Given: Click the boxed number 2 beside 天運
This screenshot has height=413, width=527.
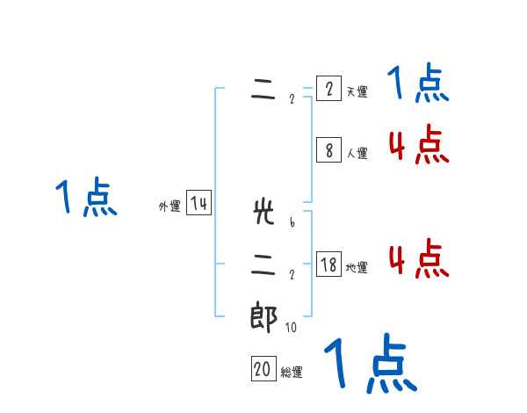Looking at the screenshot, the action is click(x=328, y=90).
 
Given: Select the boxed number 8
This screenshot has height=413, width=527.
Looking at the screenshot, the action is click(x=328, y=150).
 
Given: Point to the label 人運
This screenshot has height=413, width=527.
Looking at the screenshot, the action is click(x=357, y=153).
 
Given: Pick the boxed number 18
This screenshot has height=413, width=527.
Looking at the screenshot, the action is click(x=328, y=265).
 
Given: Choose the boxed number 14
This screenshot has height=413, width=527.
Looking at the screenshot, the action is click(x=199, y=204).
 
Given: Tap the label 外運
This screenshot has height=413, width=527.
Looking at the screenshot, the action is click(x=170, y=206).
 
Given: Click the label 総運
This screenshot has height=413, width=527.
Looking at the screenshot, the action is click(x=292, y=373).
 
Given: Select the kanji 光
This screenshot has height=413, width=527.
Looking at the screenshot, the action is click(x=263, y=213).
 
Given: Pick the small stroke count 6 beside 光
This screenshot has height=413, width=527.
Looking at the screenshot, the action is click(x=291, y=222).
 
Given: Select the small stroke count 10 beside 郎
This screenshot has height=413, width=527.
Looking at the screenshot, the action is click(x=291, y=327).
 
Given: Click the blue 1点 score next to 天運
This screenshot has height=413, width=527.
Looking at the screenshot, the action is click(x=419, y=85).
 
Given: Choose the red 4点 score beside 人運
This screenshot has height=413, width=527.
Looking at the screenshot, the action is click(x=419, y=145).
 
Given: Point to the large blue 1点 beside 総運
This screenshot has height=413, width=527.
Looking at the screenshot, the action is click(x=370, y=364).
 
